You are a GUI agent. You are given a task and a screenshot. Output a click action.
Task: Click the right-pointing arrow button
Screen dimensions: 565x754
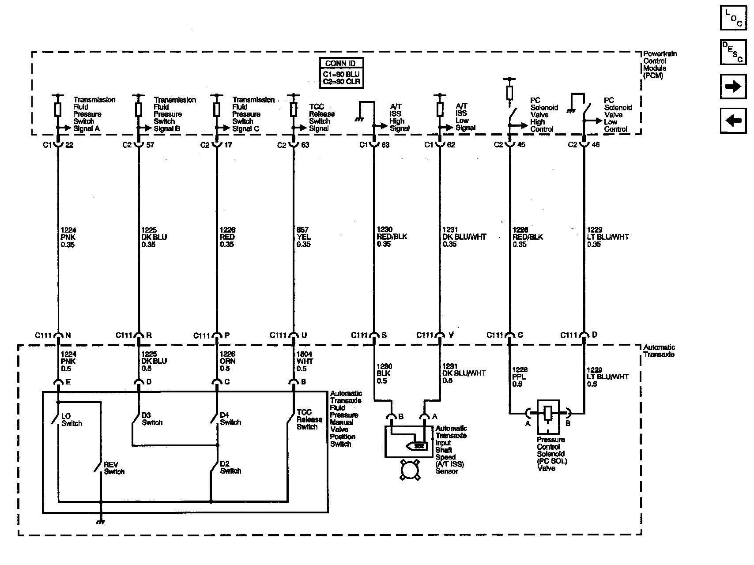coord(733,87)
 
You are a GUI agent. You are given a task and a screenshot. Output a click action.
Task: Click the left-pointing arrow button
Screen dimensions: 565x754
coord(733,120)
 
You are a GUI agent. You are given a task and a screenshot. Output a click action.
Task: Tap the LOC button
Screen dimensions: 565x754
coord(733,18)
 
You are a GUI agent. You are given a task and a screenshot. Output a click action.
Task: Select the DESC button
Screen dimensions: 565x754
coord(733,52)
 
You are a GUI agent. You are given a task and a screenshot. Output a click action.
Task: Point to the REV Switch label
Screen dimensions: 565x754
coord(114,468)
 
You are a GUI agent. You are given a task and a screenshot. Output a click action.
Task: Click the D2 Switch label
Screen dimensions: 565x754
coord(230,467)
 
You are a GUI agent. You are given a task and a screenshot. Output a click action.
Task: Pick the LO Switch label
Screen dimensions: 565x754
coord(72,420)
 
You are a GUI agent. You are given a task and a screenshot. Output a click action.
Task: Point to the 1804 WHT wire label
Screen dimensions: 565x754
coord(305,361)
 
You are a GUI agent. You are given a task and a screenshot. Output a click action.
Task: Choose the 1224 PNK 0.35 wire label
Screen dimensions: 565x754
coord(68,237)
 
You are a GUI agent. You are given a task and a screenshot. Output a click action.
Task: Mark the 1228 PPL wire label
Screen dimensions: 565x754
coord(520,377)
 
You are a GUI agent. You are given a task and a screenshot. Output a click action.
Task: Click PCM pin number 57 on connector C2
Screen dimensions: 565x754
coord(150,145)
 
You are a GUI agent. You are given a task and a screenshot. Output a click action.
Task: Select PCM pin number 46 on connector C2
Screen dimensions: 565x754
coord(596,144)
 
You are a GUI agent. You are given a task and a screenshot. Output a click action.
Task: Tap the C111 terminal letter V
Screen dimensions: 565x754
coord(451,335)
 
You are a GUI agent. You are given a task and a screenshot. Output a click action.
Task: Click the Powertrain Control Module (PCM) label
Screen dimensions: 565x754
coord(660,64)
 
